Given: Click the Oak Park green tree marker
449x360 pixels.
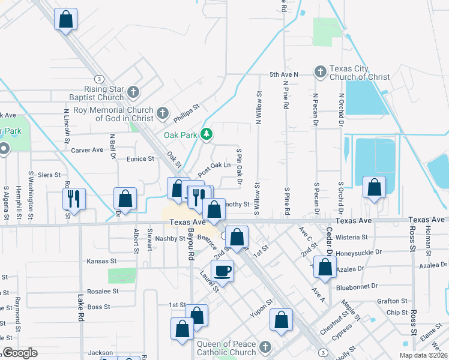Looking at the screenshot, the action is tap(206, 134).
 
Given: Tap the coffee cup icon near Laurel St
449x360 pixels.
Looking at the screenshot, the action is tap(222, 271).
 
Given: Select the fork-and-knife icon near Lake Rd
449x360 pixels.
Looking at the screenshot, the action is tap(74, 199).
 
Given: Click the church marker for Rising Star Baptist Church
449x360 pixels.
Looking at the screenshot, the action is tap(133, 92).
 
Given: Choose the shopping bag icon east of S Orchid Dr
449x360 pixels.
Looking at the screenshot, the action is tap(375, 188).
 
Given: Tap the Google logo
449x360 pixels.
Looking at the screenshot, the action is tap(20, 353).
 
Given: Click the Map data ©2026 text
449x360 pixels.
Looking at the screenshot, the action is tap(421, 355).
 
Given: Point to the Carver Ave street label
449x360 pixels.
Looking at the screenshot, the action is tap(87, 151).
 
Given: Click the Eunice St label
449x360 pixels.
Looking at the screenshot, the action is tap(140, 159).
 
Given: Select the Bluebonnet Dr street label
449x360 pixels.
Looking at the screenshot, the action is tap(359, 286).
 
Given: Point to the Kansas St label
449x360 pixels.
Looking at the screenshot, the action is tap(103, 261).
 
